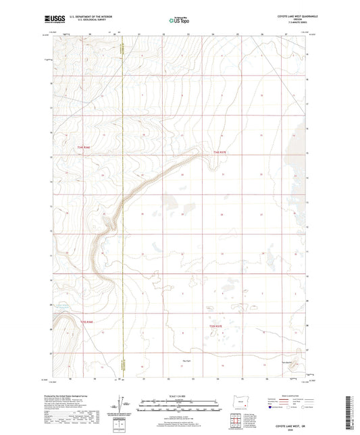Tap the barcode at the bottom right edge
(x=353, y=408)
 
